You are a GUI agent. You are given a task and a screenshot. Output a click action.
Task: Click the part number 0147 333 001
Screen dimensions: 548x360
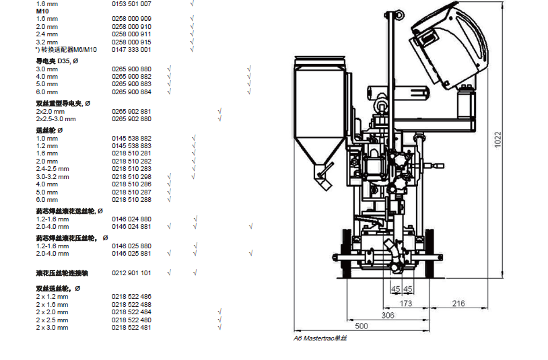coord(131,50)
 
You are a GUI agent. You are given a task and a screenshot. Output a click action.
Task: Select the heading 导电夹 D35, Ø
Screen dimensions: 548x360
coord(57,61)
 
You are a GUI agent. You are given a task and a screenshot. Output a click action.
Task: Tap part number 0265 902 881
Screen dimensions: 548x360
coord(131,112)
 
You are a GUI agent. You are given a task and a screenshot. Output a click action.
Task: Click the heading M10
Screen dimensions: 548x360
coord(42,11)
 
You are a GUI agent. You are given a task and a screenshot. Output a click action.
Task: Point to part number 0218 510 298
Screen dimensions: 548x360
coord(131,177)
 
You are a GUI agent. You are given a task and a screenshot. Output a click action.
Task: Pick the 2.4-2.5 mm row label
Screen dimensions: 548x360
coord(53,169)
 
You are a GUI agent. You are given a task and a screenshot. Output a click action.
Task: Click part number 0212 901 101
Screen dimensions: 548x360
coord(131,273)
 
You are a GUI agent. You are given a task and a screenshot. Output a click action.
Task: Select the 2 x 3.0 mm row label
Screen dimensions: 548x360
coord(52,328)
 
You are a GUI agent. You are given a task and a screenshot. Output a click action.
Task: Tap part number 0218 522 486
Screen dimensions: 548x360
coord(131,297)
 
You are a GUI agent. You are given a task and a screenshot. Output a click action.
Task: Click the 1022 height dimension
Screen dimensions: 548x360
coord(498,140)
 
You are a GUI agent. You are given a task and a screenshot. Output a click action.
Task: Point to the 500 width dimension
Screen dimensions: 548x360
coord(362,326)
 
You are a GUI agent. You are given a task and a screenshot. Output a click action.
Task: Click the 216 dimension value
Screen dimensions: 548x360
coord(458,303)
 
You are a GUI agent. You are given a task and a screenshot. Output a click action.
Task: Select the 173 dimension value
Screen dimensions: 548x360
coord(406,303)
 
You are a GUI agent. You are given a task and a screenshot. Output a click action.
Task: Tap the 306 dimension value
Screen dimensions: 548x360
coord(388,316)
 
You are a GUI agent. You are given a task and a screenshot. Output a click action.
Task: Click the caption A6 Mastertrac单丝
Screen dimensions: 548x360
coord(320,338)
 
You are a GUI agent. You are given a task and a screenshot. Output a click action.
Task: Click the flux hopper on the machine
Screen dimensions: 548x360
coord(319,115)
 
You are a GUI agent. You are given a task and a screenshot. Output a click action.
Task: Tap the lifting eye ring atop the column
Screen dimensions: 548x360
coord(399,15)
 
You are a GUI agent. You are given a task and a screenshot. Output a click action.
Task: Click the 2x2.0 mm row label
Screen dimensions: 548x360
coord(50,112)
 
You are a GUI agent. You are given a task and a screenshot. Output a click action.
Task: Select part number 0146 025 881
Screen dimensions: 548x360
coord(131,254)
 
